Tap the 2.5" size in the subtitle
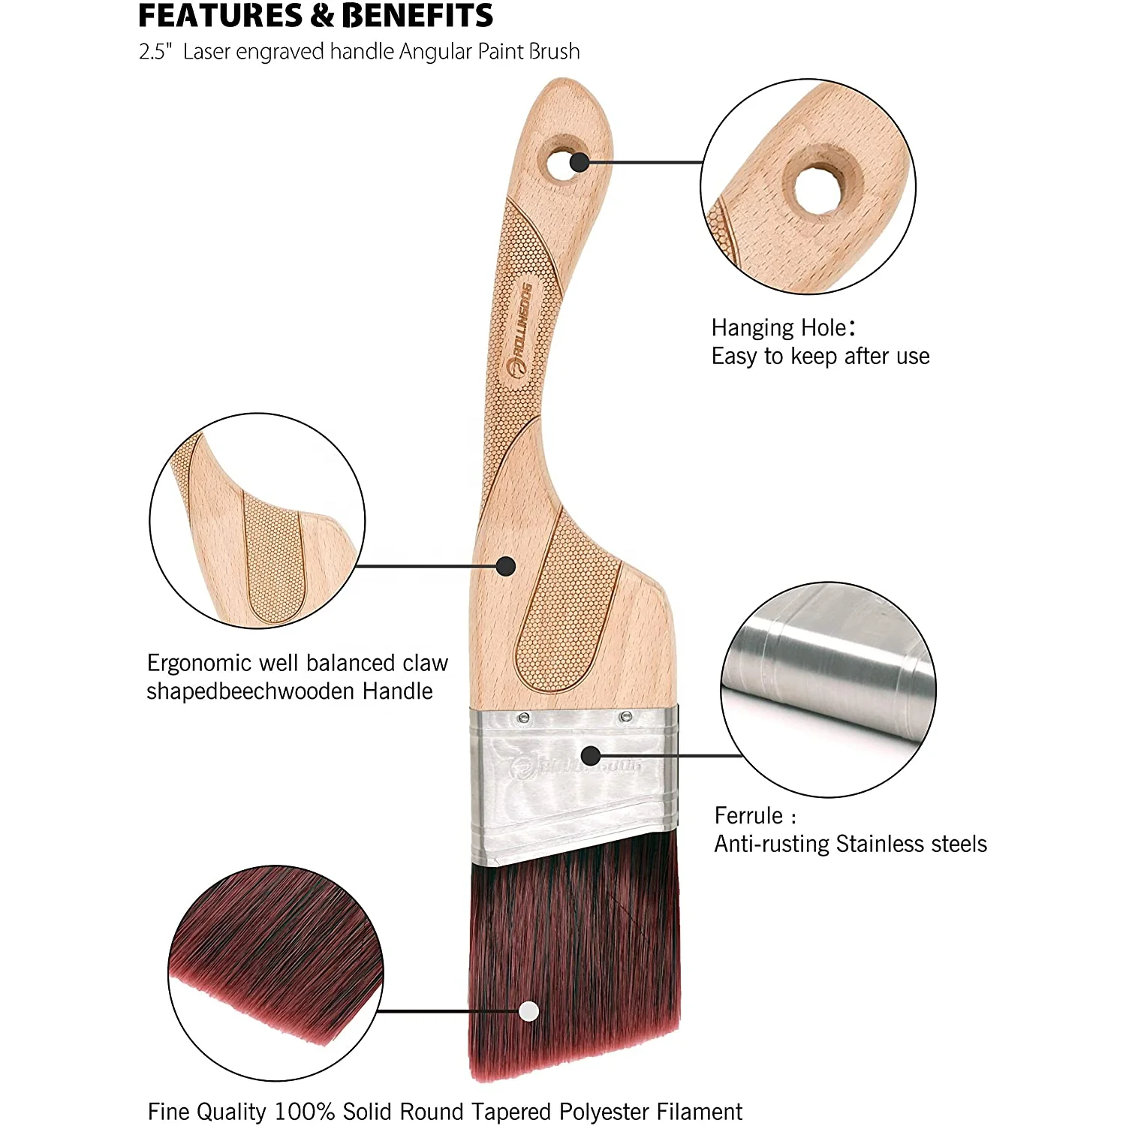155,52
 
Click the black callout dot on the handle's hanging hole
579,161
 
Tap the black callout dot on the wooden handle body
506,566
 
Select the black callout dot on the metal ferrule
591,755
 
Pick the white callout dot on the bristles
528,1011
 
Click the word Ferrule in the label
748,816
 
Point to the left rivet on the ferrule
524,718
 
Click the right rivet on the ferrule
624,718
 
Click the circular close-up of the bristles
275,972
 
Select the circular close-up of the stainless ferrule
828,689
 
